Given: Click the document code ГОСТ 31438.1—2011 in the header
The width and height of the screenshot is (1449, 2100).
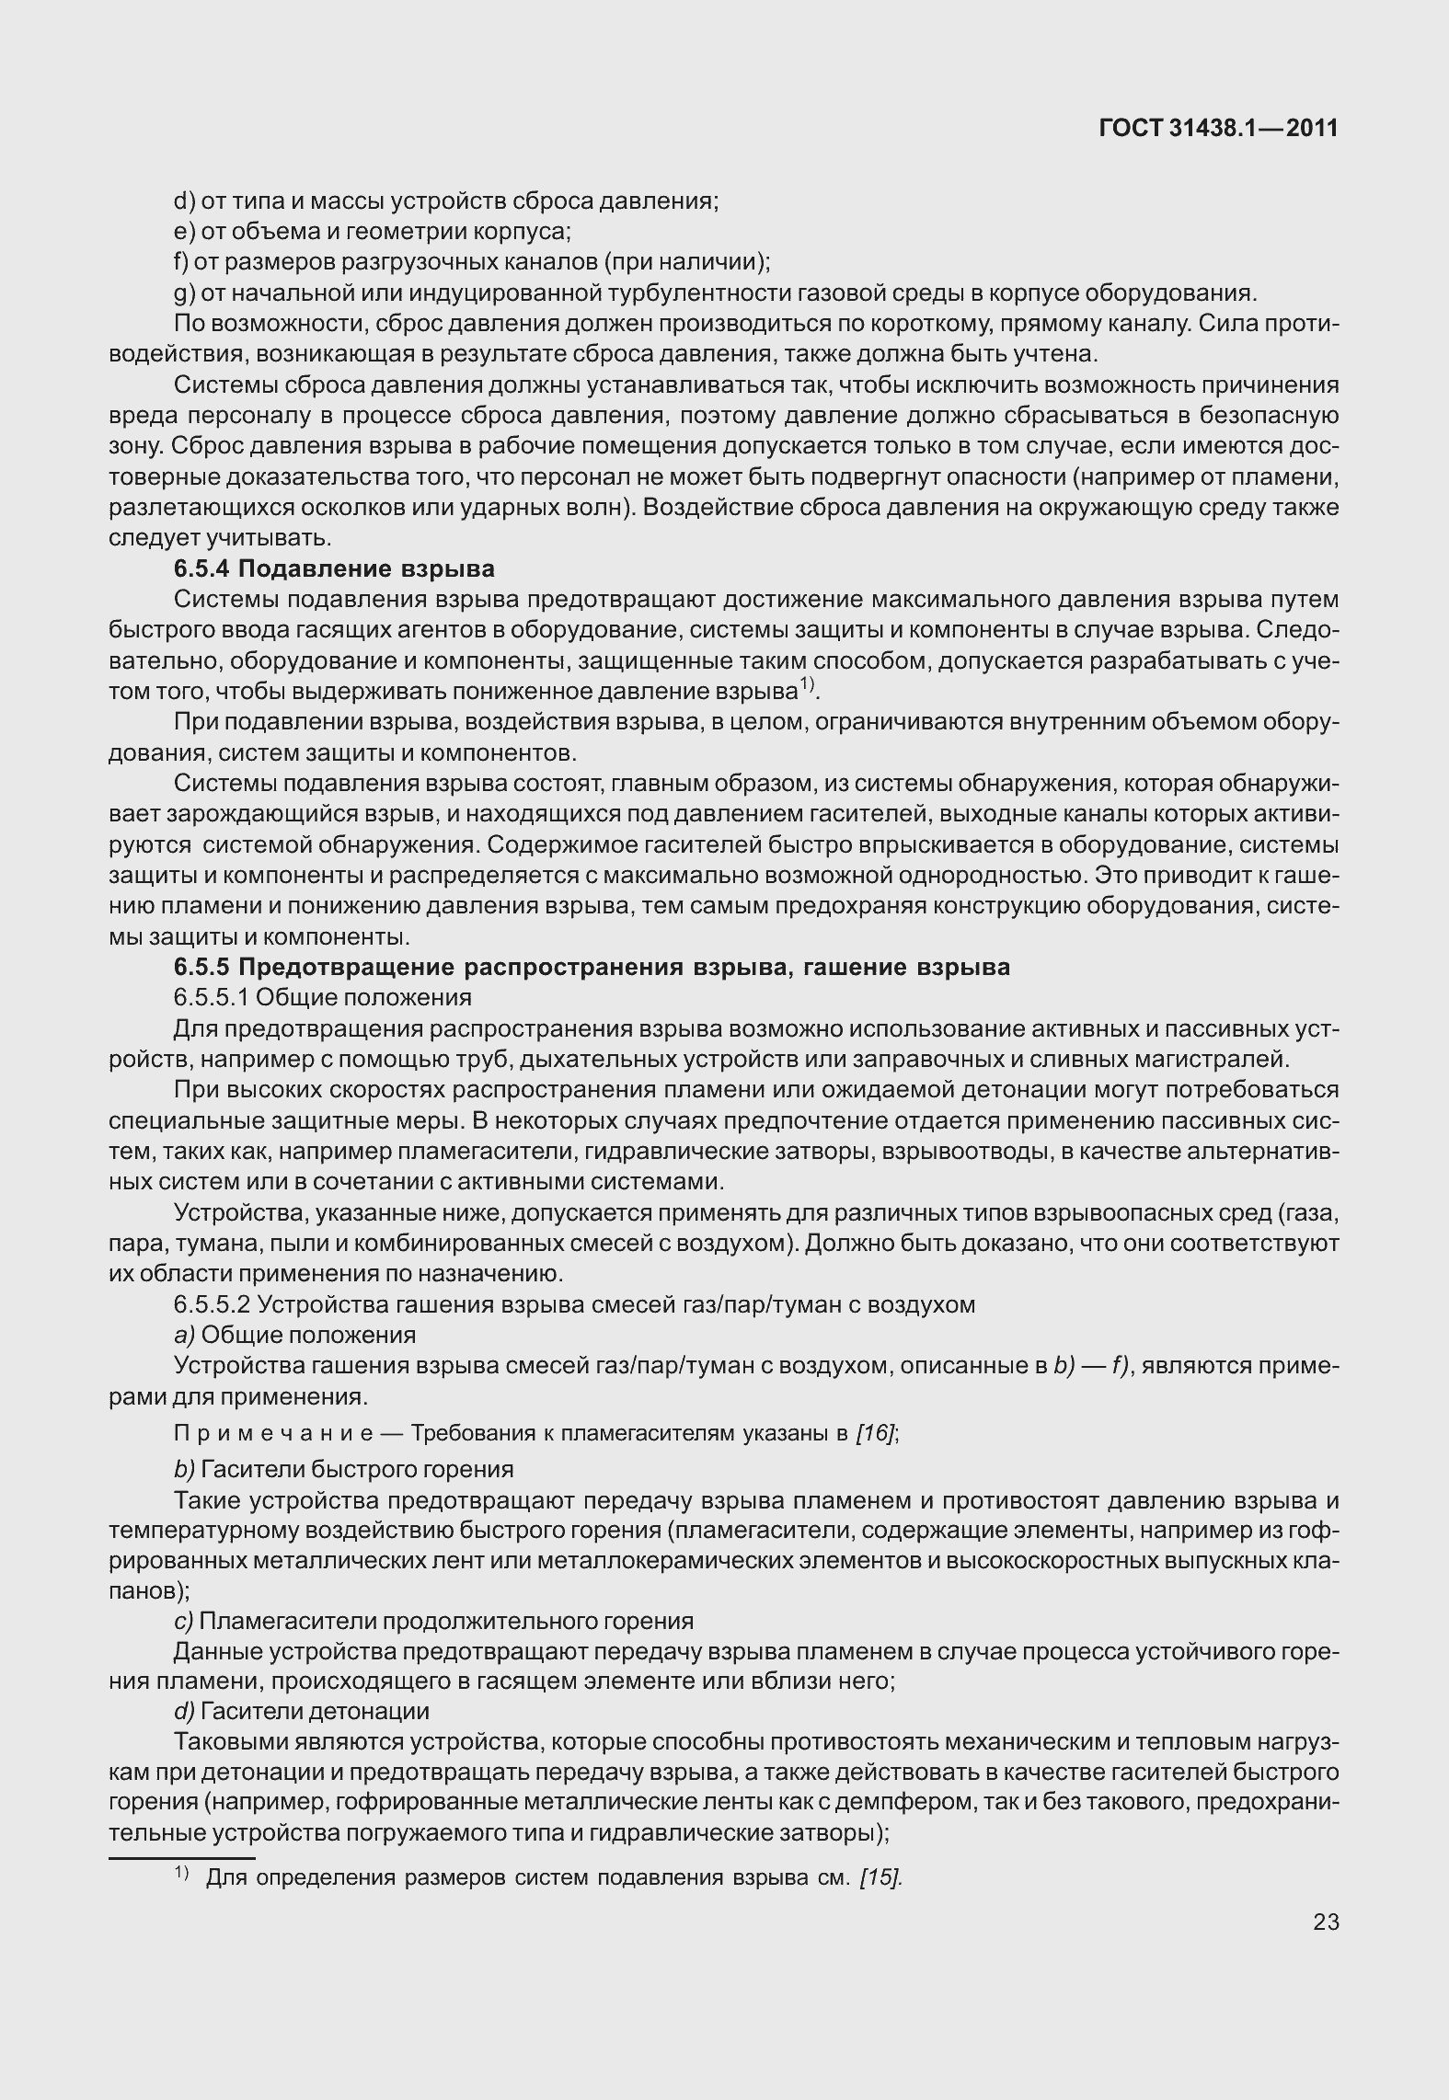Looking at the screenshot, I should tap(1218, 129).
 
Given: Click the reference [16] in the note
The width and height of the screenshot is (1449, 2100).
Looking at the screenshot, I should tap(874, 1434).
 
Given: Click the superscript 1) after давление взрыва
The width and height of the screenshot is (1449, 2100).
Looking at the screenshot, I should tap(807, 684).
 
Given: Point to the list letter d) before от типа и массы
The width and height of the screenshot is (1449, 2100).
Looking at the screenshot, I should tap(182, 201).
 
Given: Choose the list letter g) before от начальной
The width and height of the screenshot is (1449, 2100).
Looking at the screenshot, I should tap(182, 293).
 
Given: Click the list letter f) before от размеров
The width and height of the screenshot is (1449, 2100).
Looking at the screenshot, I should tap(180, 262).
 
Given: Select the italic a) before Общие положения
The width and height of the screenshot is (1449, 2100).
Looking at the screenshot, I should tap(184, 1335).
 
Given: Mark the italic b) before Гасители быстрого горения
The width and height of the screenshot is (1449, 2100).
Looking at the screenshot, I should tap(184, 1469).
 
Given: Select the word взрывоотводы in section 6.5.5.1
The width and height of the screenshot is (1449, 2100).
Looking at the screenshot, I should tap(962, 1152).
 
